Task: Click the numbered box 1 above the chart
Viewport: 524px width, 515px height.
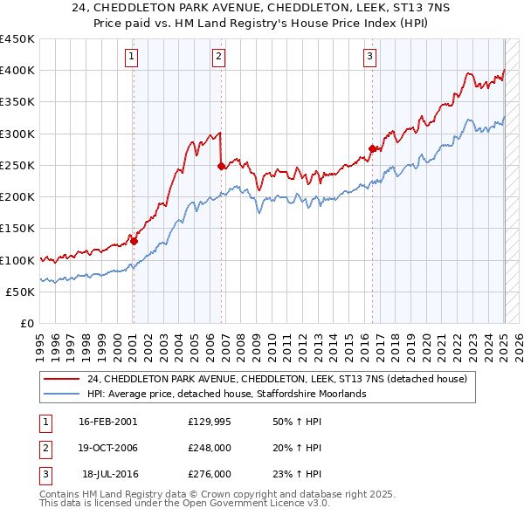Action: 132,57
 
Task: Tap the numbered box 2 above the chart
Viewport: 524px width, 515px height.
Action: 218,57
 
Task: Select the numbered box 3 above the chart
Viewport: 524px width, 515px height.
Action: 370,57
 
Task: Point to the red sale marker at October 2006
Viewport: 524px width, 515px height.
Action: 221,166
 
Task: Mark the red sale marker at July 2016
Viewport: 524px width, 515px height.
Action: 372,148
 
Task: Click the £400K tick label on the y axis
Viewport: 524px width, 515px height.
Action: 17,71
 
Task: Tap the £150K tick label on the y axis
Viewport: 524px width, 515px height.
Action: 17,229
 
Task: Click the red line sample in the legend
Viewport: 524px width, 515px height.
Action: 63,380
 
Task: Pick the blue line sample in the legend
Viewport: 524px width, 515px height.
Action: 63,394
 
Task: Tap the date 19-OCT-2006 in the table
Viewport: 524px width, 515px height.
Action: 108,448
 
